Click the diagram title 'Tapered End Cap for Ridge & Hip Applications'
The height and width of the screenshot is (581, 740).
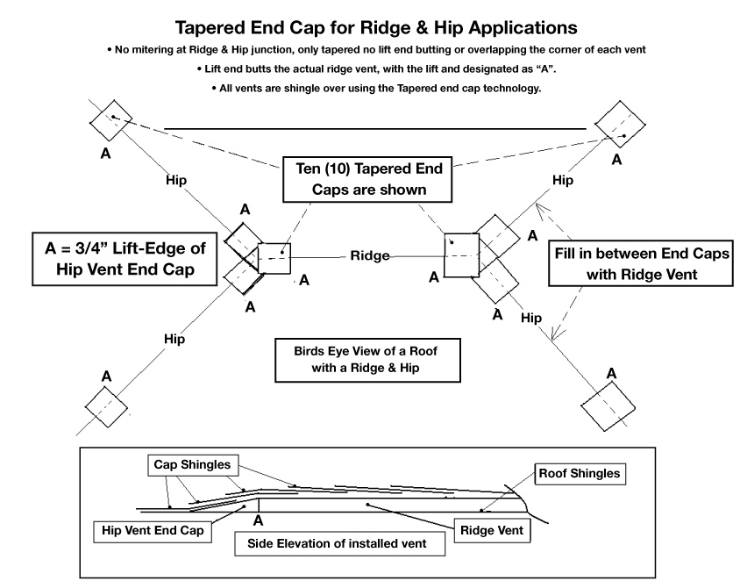coord(376,28)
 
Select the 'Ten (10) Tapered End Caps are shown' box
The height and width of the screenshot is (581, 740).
coord(367,180)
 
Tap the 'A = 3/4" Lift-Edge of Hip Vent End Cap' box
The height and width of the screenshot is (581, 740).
coord(125,259)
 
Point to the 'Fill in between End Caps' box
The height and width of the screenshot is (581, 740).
coord(641,263)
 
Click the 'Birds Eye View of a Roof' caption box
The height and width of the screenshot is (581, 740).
coord(367,360)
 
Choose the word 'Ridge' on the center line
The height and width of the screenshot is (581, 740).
coord(370,255)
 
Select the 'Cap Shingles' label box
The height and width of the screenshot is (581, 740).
coord(193,465)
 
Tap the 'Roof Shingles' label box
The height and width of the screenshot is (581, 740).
coord(580,474)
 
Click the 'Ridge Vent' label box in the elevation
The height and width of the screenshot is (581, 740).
coord(492,530)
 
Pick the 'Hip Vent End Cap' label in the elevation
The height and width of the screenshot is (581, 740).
coord(153,531)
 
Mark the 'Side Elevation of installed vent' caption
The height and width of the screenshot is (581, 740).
coord(339,543)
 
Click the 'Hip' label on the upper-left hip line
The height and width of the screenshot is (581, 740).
coord(176,181)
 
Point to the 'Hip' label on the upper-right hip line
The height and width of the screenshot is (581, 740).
coord(563,180)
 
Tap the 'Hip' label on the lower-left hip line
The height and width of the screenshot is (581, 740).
coord(174,339)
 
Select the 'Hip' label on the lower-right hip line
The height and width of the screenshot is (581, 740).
coord(531,318)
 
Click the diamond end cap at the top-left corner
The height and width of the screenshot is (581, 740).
coord(111,120)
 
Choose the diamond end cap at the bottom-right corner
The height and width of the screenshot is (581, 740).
coord(608,406)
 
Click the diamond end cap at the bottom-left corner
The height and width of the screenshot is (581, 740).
coord(106,406)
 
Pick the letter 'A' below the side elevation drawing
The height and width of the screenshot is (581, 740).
coord(258,521)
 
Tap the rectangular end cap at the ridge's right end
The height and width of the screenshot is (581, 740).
coord(462,255)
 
